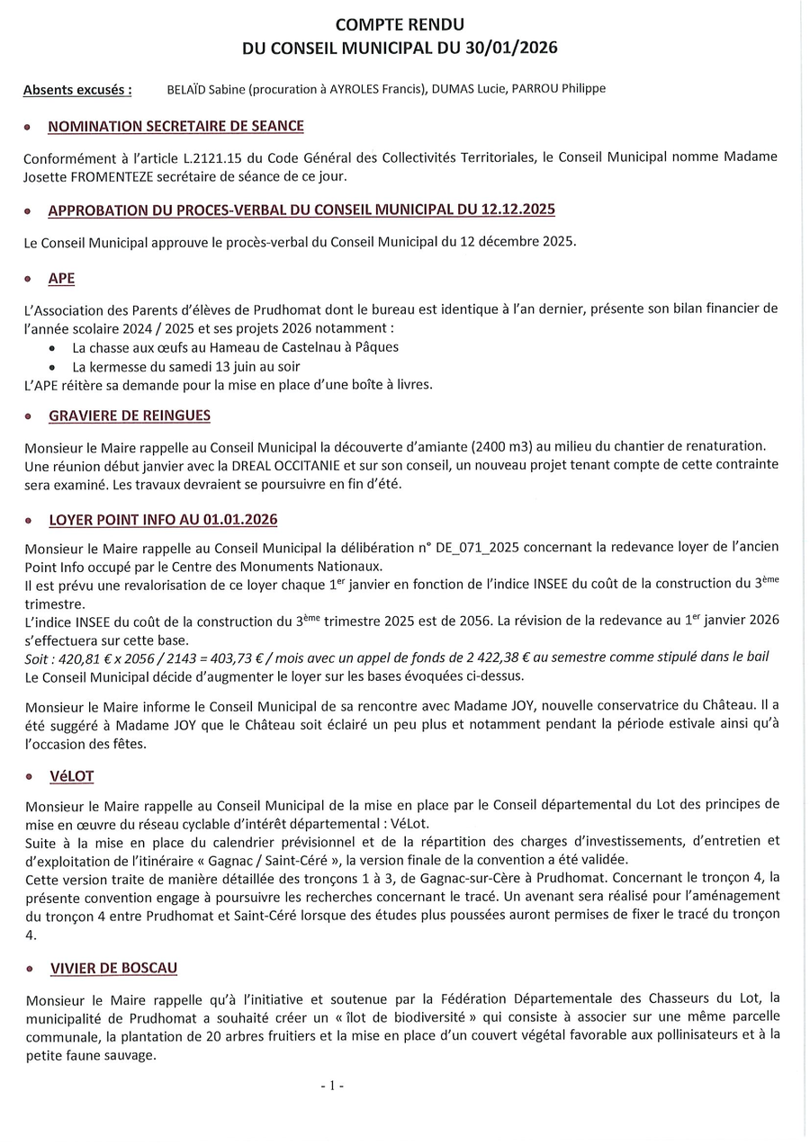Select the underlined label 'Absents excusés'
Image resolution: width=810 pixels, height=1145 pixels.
(x=76, y=90)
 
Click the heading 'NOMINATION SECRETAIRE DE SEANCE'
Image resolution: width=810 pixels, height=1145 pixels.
(x=175, y=127)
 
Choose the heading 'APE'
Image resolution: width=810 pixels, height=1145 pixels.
(x=61, y=279)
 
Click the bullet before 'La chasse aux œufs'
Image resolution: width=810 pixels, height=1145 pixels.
(x=56, y=347)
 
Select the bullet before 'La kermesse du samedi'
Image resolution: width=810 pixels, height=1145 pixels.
(x=56, y=367)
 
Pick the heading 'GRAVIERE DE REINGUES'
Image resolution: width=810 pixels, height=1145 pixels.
(x=129, y=416)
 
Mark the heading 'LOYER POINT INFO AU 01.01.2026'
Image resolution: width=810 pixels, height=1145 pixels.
(x=162, y=520)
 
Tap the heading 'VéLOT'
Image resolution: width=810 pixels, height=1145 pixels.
(x=72, y=776)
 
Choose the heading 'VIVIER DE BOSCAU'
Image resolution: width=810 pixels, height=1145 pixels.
(x=113, y=968)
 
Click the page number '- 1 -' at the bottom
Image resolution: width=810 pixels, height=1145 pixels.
(x=332, y=1086)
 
